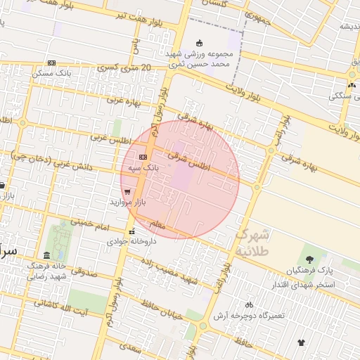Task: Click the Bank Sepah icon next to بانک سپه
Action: click(x=143, y=157)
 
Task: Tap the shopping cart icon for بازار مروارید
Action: click(x=127, y=191)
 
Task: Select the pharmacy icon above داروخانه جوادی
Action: click(x=131, y=231)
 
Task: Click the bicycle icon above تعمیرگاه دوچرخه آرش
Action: click(x=249, y=304)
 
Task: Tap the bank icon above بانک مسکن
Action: click(x=51, y=63)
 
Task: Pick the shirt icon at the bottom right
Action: click(x=302, y=342)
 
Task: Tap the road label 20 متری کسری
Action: click(x=126, y=68)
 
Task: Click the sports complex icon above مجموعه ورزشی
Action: click(x=199, y=43)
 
